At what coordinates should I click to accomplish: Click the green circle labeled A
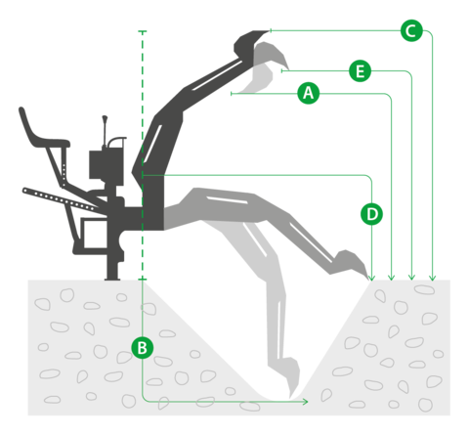point(309,94)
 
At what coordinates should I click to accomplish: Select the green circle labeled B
point(143,348)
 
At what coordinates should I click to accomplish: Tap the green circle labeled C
point(411,30)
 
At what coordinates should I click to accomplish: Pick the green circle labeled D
point(371,214)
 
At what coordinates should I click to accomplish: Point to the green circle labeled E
point(360,70)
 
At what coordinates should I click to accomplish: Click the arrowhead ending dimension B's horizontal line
point(305,402)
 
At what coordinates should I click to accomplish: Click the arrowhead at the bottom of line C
point(432,278)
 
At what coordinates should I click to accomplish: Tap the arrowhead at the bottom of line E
point(411,278)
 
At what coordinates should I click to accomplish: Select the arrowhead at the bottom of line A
point(392,278)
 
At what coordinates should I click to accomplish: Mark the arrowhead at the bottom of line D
point(371,278)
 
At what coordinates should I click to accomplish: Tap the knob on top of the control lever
point(105,118)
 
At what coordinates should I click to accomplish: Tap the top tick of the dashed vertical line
point(143,31)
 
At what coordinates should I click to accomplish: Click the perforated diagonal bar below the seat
point(61,199)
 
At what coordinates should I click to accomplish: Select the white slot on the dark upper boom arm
point(217,75)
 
